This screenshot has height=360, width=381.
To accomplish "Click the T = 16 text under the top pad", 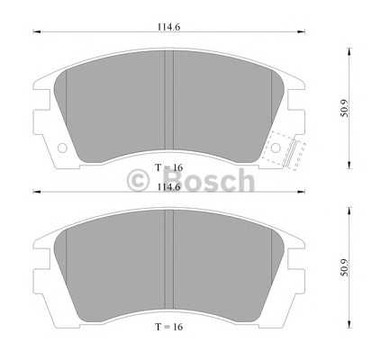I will (x=168, y=168).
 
